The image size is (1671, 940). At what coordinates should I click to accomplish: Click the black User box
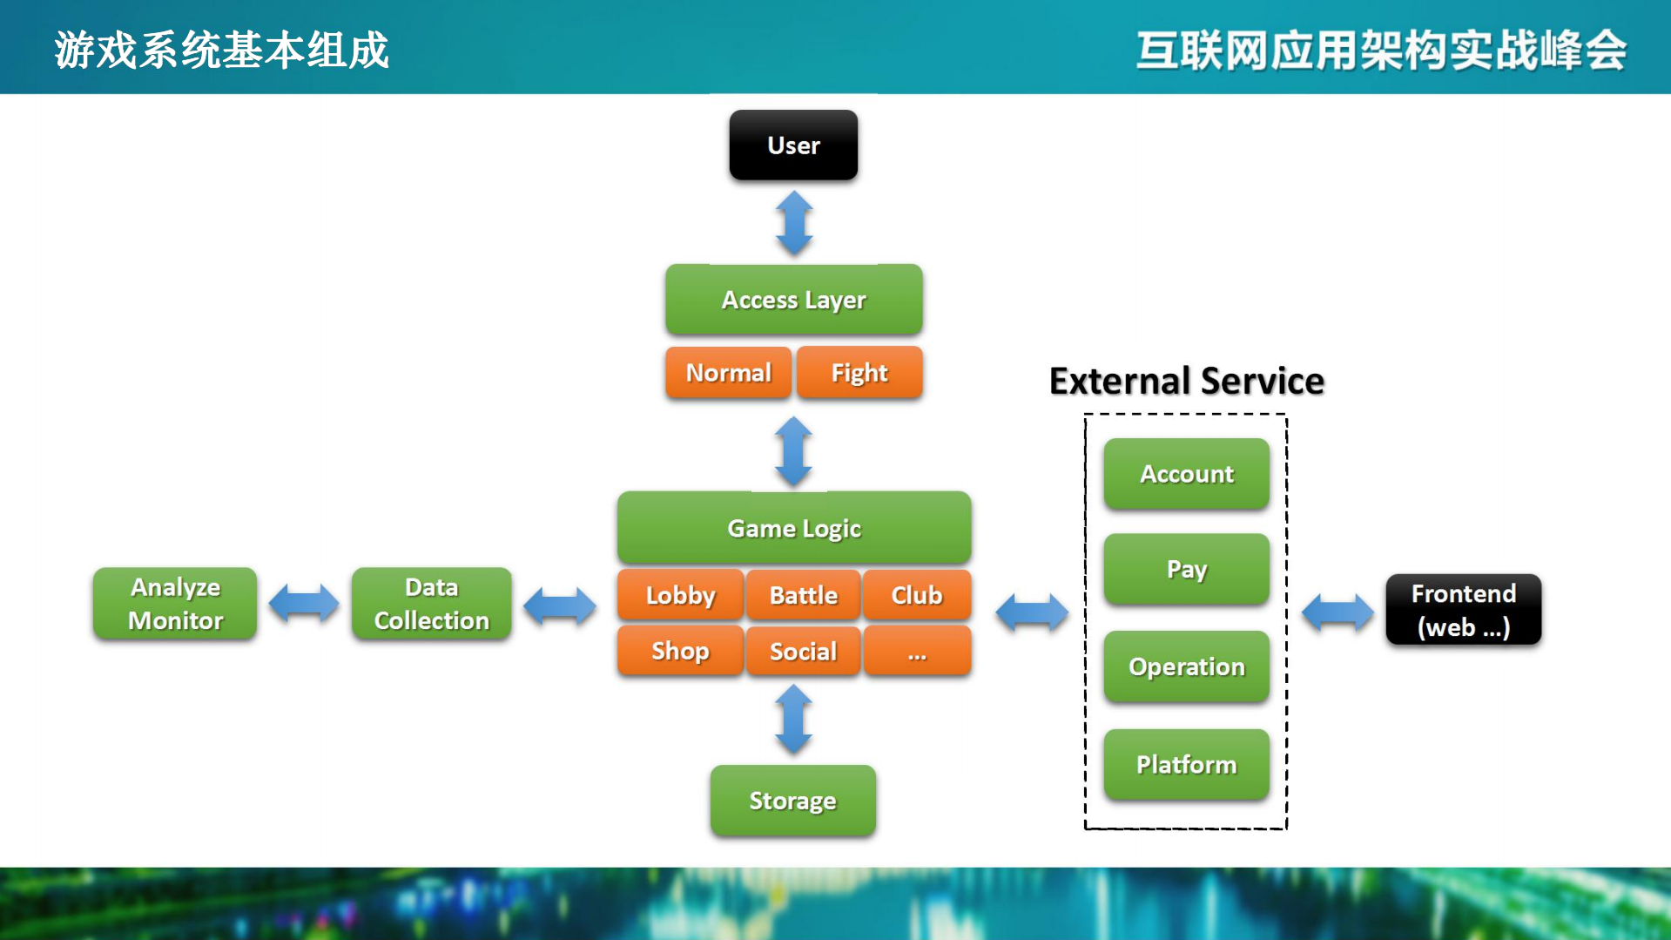(x=793, y=145)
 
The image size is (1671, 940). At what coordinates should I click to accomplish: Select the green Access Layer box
(x=793, y=300)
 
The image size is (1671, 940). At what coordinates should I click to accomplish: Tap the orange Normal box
(x=728, y=373)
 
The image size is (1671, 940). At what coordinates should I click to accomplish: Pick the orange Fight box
(x=859, y=373)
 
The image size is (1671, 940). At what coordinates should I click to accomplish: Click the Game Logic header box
(x=793, y=528)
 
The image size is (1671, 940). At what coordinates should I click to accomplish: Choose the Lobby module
(x=680, y=596)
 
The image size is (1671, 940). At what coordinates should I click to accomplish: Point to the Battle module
(x=803, y=596)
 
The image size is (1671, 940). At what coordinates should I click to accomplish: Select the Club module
(x=916, y=596)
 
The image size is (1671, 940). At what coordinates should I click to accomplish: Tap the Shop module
(x=680, y=651)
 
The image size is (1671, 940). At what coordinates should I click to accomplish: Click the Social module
(x=803, y=651)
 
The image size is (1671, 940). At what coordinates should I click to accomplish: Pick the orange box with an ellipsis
(x=916, y=651)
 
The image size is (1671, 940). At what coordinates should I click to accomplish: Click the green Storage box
(x=792, y=801)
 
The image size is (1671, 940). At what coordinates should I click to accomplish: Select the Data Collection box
(x=431, y=604)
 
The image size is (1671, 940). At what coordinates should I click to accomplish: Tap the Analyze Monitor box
(x=175, y=604)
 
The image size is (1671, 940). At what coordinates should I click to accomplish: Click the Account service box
(x=1186, y=474)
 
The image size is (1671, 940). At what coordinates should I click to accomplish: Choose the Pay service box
(x=1186, y=570)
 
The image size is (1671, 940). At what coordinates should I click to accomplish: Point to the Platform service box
(x=1186, y=765)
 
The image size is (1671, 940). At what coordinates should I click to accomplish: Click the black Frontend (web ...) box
(x=1463, y=610)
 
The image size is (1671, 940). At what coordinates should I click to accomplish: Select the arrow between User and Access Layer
(x=793, y=223)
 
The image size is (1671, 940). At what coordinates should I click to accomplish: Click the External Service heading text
(x=1186, y=382)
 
